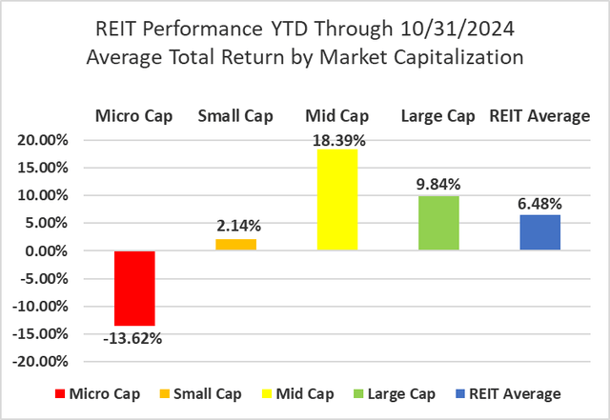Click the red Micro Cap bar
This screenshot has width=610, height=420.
(x=134, y=289)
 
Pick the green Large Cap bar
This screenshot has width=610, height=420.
(x=438, y=224)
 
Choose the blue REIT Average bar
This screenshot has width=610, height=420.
(x=539, y=233)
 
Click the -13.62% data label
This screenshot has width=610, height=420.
(x=134, y=337)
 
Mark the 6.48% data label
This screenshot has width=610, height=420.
(x=539, y=204)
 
